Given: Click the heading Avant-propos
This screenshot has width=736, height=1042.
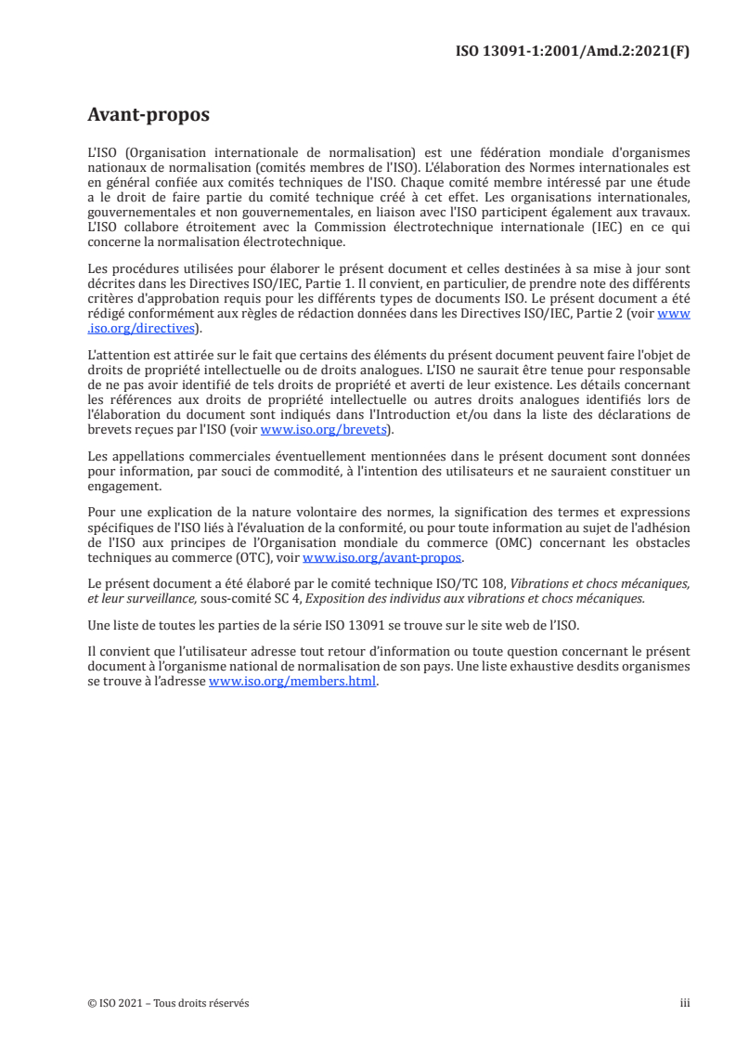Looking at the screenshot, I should point(148,115).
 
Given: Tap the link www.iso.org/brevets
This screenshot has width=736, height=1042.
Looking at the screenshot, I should point(322,429).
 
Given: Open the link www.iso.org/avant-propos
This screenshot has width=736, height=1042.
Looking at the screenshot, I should point(382,557).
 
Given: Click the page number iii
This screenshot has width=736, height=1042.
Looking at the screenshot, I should point(685,1003).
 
